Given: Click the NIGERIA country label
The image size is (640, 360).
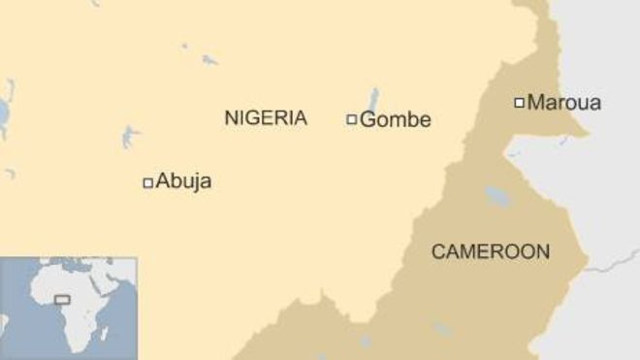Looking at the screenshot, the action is pyautogui.click(x=266, y=118).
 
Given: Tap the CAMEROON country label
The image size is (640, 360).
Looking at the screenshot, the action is pyautogui.click(x=490, y=252).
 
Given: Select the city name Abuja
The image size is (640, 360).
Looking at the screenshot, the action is pyautogui.click(x=183, y=181).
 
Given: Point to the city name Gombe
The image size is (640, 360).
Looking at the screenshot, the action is pyautogui.click(x=395, y=120).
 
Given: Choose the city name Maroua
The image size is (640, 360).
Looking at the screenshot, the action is pyautogui.click(x=564, y=102).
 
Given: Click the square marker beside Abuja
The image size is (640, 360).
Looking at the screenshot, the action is pyautogui.click(x=148, y=182).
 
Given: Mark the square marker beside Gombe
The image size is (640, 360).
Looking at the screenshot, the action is pyautogui.click(x=352, y=120).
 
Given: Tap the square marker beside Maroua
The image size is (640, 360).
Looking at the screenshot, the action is pyautogui.click(x=520, y=102).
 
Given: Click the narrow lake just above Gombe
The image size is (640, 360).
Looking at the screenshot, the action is pyautogui.click(x=372, y=99).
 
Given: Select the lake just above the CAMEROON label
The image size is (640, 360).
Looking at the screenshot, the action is pyautogui.click(x=497, y=196).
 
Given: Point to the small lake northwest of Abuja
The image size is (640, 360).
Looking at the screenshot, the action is pyautogui.click(x=129, y=136).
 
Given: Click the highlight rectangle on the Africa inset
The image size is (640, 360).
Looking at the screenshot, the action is pyautogui.click(x=62, y=299).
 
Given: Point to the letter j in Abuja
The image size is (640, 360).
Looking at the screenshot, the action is pyautogui.click(x=195, y=182).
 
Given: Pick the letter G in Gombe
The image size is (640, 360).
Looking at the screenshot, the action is pyautogui.click(x=367, y=120).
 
